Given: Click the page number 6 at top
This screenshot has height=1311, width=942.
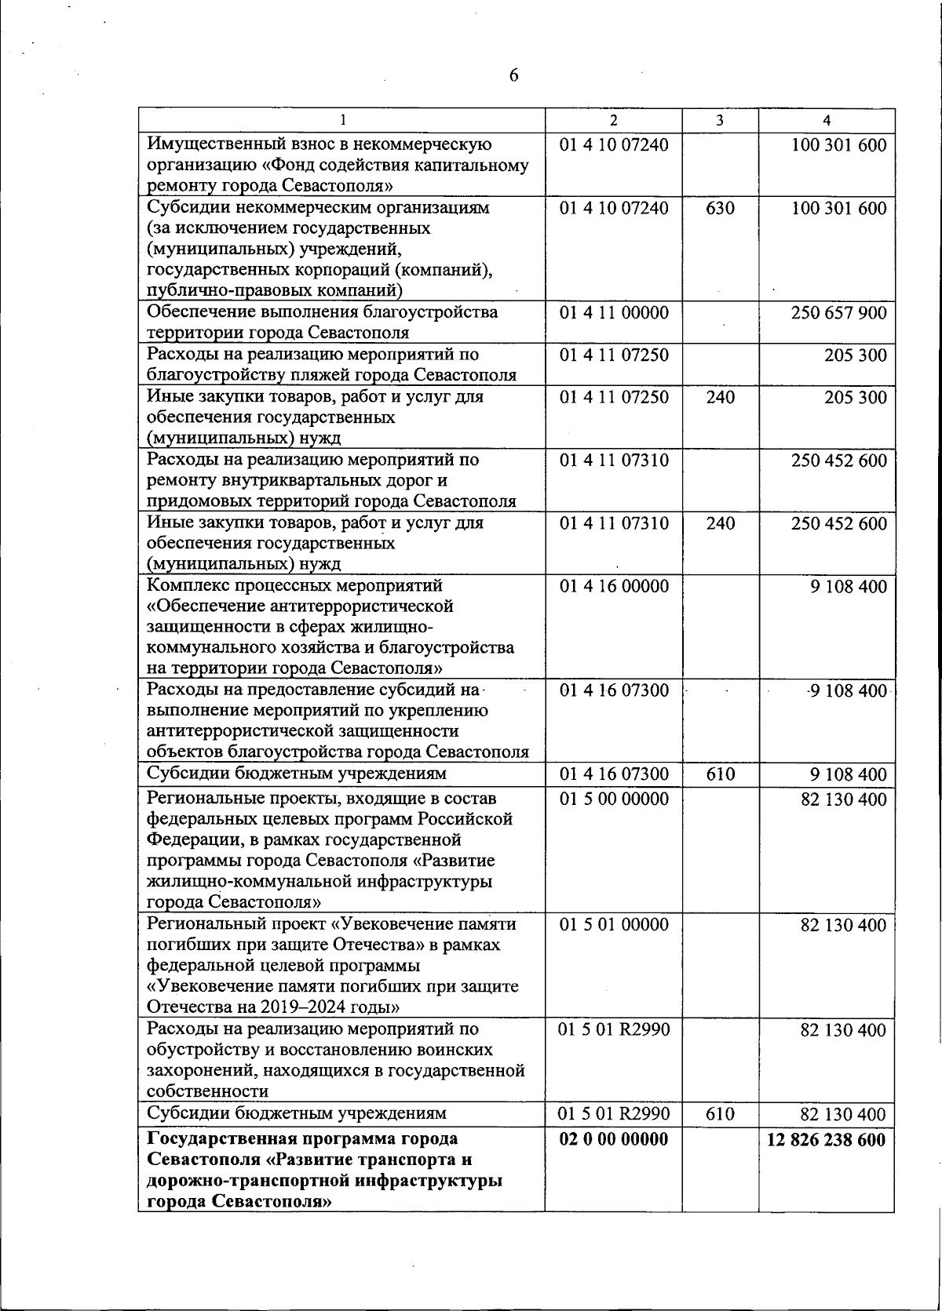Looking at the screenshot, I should click(513, 75).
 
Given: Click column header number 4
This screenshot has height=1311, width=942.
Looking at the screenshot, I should click(827, 120).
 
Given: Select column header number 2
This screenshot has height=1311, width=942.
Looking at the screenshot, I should click(613, 120).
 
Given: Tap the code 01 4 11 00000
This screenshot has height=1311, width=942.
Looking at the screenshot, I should click(614, 313).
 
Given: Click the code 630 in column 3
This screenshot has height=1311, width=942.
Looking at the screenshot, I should click(720, 208).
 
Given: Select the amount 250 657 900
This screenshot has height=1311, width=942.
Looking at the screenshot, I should click(838, 313).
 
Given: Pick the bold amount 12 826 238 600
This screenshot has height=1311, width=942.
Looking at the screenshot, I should click(827, 1139).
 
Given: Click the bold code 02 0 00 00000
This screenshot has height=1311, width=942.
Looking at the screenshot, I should click(614, 1139).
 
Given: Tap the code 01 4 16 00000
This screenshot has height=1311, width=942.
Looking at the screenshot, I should click(614, 586).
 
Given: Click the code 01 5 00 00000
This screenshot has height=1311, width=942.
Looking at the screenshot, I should click(614, 799).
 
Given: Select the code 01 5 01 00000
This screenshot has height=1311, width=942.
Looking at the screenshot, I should click(614, 925).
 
